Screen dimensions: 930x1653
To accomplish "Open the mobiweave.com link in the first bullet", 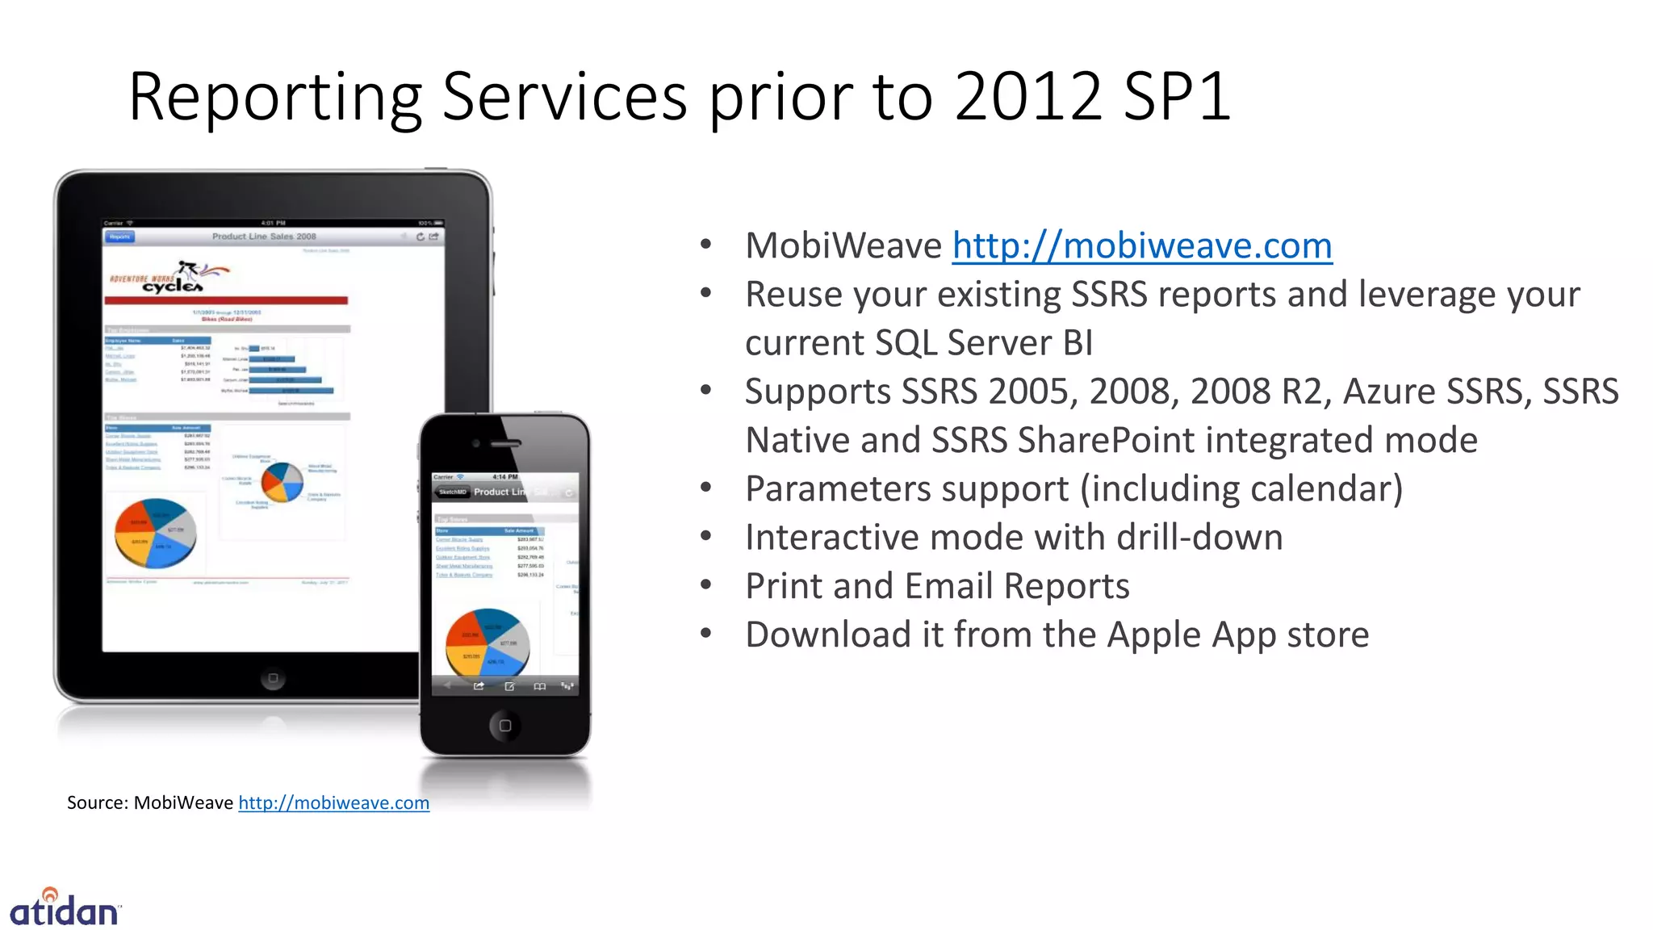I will (x=1141, y=245).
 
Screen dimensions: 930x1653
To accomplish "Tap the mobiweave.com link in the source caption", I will (x=333, y=802).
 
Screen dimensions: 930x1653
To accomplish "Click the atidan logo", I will (x=65, y=909).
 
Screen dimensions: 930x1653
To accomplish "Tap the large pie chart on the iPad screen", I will (x=155, y=533).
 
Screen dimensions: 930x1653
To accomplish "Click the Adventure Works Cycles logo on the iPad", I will (x=169, y=277).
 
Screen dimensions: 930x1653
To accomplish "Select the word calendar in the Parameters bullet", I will (x=1320, y=489).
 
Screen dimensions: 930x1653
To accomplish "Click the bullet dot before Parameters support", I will (x=706, y=488).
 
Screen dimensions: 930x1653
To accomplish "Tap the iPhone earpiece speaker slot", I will (x=506, y=443).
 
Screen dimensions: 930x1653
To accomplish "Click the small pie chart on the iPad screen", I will (x=282, y=482).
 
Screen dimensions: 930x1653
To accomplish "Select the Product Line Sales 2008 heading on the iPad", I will (x=264, y=237).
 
